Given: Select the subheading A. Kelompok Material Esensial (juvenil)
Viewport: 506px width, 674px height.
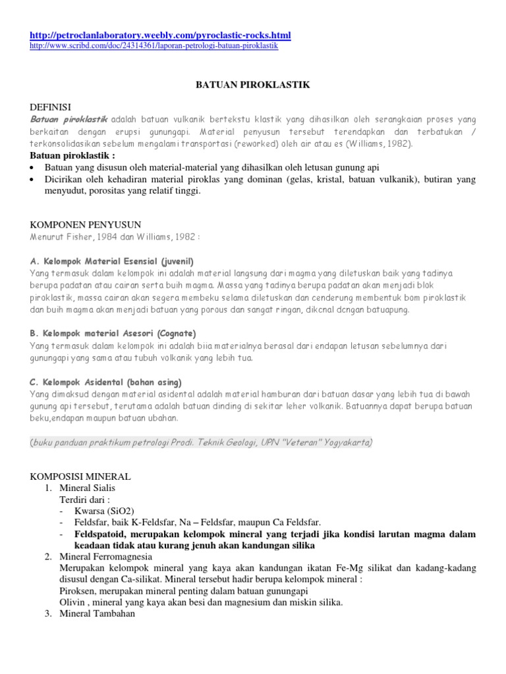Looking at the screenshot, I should [112, 261].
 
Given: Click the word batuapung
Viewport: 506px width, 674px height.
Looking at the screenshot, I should [387, 309].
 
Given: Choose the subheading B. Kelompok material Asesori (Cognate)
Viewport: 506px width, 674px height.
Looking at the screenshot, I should [113, 333].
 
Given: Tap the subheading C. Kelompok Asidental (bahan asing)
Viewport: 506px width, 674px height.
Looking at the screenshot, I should [106, 382].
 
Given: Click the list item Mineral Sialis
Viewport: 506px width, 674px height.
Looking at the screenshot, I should [87, 488].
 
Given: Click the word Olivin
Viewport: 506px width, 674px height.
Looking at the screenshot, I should [72, 602].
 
